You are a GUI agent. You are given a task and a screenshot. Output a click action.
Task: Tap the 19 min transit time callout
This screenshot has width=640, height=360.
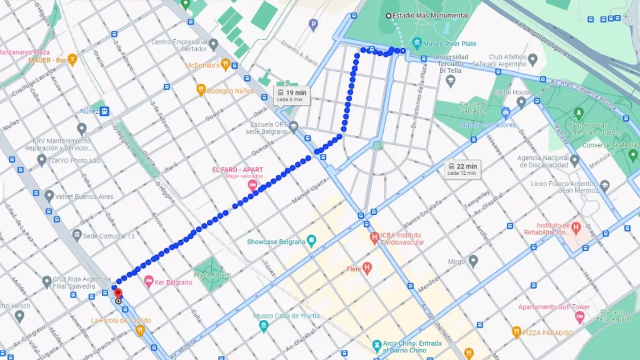[x=292, y=95]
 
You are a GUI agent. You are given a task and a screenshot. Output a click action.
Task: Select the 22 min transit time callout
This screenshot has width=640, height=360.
[x=462, y=169]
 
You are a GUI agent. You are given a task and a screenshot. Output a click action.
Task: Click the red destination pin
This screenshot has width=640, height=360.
[x=117, y=293]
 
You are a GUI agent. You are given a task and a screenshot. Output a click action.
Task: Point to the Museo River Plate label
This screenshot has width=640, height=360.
[x=449, y=44]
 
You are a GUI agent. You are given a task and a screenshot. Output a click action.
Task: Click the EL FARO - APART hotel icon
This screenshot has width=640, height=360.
[x=252, y=186]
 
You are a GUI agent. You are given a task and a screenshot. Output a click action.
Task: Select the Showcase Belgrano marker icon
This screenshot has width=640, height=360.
[x=312, y=241]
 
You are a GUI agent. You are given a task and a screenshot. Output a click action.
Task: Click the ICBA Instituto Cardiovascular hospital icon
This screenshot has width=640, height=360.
[x=374, y=237]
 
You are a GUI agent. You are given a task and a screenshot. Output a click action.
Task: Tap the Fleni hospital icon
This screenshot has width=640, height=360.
[x=367, y=269]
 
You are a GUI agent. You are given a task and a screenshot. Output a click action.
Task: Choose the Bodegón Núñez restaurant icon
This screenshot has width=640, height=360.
[x=201, y=90]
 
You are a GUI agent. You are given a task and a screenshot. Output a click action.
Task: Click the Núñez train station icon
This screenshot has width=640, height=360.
[x=105, y=111]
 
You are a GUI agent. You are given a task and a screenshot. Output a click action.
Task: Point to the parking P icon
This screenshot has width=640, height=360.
[x=314, y=24]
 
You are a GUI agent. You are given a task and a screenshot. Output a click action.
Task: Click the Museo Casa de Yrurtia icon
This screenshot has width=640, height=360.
[x=264, y=325]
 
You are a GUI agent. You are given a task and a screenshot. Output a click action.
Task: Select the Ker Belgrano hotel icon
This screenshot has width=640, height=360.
[x=149, y=282]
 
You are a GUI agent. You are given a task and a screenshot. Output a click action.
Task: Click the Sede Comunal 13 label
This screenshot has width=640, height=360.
[x=109, y=236]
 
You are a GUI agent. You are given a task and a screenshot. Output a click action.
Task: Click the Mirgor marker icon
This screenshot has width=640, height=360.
[x=473, y=261]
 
